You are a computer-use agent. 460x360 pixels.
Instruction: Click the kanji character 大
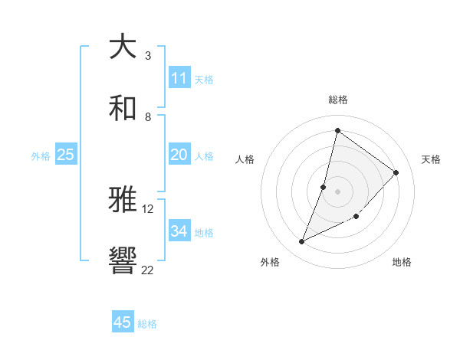pyautogui.click(x=123, y=47)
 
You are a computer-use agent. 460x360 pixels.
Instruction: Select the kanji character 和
pyautogui.click(x=123, y=108)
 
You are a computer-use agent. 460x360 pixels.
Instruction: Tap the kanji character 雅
pyautogui.click(x=123, y=200)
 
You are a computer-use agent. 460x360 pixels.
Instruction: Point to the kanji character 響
pyautogui.click(x=123, y=261)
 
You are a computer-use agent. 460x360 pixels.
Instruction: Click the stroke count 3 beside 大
pyautogui.click(x=148, y=55)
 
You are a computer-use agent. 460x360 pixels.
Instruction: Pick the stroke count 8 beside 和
pyautogui.click(x=148, y=116)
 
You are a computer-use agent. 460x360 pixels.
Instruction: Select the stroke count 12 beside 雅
pyautogui.click(x=148, y=208)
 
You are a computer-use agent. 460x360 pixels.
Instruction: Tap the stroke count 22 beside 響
pyautogui.click(x=148, y=270)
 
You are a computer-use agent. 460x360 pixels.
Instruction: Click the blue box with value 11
pyautogui.click(x=179, y=78)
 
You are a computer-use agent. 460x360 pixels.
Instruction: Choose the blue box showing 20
pyautogui.click(x=179, y=155)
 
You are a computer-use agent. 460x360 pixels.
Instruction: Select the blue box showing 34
pyautogui.click(x=179, y=231)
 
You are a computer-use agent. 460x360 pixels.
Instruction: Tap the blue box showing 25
pyautogui.click(x=65, y=155)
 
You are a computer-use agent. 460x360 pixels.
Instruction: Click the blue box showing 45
pyautogui.click(x=123, y=322)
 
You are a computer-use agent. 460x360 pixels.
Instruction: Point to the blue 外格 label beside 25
pyautogui.click(x=41, y=156)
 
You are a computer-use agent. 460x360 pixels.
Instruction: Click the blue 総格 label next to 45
pyautogui.click(x=147, y=324)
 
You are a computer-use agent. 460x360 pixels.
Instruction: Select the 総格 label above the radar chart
pyautogui.click(x=337, y=100)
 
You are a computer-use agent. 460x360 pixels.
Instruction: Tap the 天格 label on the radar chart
pyautogui.click(x=431, y=159)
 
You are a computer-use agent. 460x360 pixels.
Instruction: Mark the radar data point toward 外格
pyautogui.click(x=302, y=242)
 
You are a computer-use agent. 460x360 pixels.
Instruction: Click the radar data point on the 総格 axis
pyautogui.click(x=337, y=130)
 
